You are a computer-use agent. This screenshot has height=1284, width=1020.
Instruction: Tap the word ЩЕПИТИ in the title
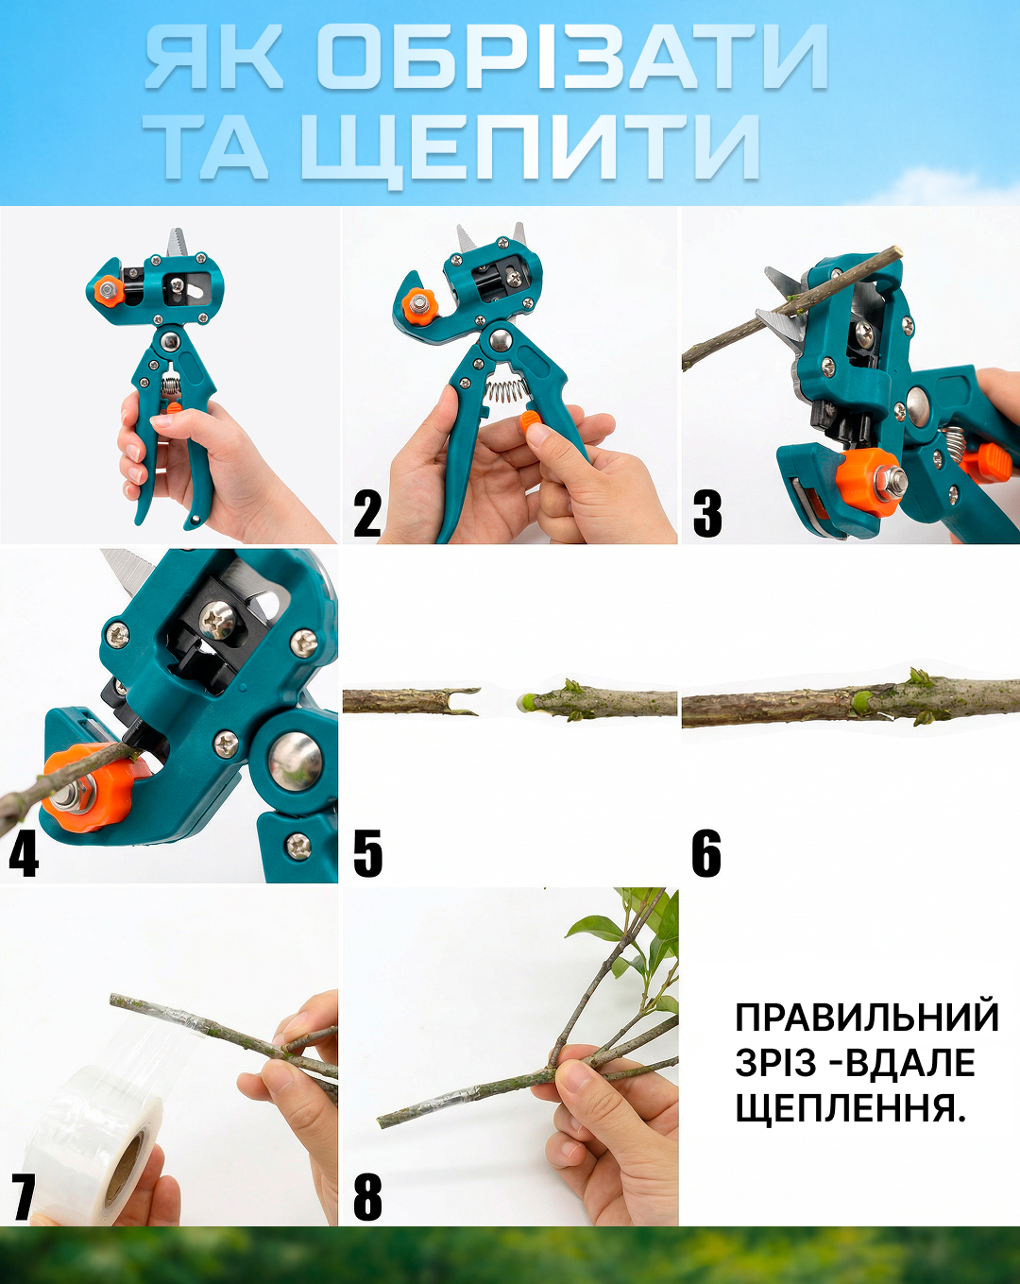click(x=531, y=147)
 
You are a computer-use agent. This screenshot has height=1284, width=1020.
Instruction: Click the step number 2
click(x=367, y=514)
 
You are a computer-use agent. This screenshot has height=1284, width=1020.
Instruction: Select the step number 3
click(x=707, y=514)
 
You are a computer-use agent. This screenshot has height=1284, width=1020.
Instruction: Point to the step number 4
click(x=24, y=853)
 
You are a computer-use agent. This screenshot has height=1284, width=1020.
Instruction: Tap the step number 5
click(x=367, y=853)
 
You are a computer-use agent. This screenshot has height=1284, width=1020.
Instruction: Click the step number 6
click(x=706, y=853)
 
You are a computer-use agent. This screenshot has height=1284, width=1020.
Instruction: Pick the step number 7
click(x=24, y=1196)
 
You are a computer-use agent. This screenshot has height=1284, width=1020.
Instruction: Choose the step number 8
click(x=367, y=1196)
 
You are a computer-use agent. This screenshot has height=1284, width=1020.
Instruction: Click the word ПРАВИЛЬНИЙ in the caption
click(x=866, y=1018)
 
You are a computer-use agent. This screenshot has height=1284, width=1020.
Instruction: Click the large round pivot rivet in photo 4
click(x=296, y=761)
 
